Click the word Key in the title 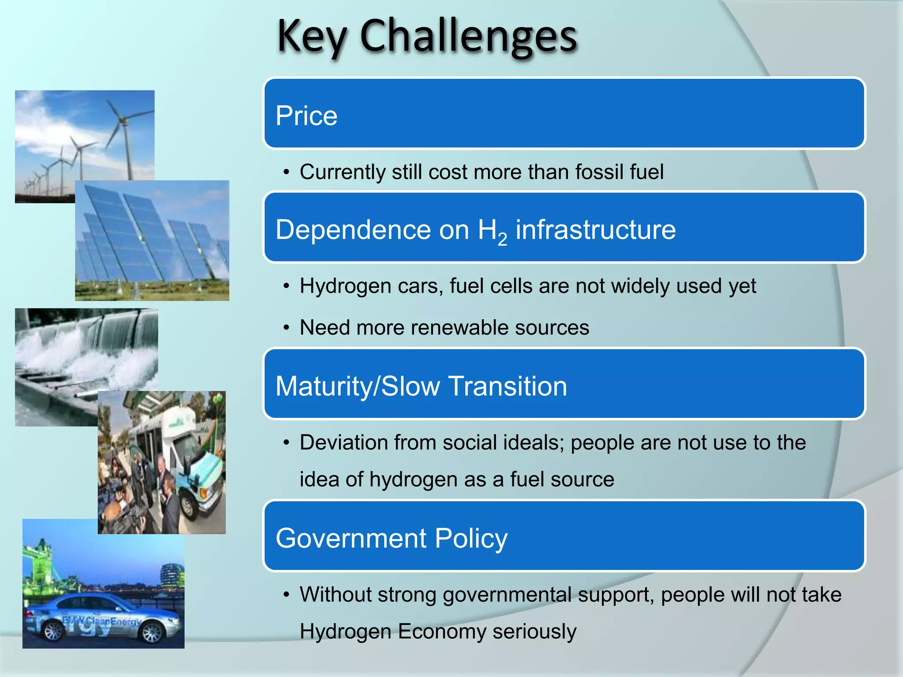click(311, 37)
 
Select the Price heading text click(306, 116)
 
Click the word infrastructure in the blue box click(595, 230)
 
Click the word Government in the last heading click(351, 539)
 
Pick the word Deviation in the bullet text click(343, 442)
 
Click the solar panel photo click(152, 240)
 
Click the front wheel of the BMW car click(152, 633)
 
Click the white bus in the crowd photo click(185, 458)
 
